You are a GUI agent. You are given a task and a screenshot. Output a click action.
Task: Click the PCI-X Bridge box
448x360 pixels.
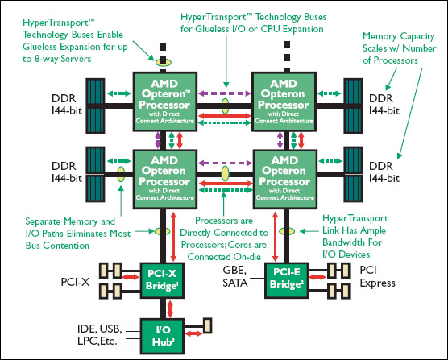[x=162, y=280]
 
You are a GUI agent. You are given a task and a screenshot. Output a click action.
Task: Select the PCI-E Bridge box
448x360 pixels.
[x=287, y=280]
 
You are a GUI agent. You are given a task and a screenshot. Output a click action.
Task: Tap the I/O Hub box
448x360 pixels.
[x=162, y=337]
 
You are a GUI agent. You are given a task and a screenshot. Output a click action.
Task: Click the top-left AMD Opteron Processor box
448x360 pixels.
[x=165, y=101]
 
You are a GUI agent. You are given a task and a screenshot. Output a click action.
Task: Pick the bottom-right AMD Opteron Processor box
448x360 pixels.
[x=285, y=180]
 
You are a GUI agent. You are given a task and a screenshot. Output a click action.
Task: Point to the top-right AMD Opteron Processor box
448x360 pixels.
[x=284, y=101]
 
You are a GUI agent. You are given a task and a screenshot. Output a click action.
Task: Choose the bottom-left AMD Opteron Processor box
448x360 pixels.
[x=165, y=180]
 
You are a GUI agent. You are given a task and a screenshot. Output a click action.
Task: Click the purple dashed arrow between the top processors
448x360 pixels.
[x=225, y=93]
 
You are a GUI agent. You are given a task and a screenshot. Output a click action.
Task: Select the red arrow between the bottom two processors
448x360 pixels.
[x=226, y=184]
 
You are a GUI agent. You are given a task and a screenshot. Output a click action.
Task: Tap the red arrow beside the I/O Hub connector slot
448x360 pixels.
[x=193, y=333]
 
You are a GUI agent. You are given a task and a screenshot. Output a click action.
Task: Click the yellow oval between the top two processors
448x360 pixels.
[x=225, y=106]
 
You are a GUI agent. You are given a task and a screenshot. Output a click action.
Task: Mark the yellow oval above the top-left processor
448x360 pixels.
[x=163, y=61]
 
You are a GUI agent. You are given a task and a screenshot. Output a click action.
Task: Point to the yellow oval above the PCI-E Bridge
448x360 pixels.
[x=287, y=231]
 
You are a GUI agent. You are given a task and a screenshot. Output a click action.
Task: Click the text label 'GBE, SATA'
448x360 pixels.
[x=234, y=276]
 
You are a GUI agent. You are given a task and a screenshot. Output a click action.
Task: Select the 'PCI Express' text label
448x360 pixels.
[x=377, y=276]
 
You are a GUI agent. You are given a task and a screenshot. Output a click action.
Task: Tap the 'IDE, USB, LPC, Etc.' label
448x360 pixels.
[x=100, y=334]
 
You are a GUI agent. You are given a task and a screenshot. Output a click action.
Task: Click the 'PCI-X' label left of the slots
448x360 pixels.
[x=75, y=282]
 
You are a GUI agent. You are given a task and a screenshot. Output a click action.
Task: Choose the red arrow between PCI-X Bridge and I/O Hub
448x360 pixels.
[x=170, y=309]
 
